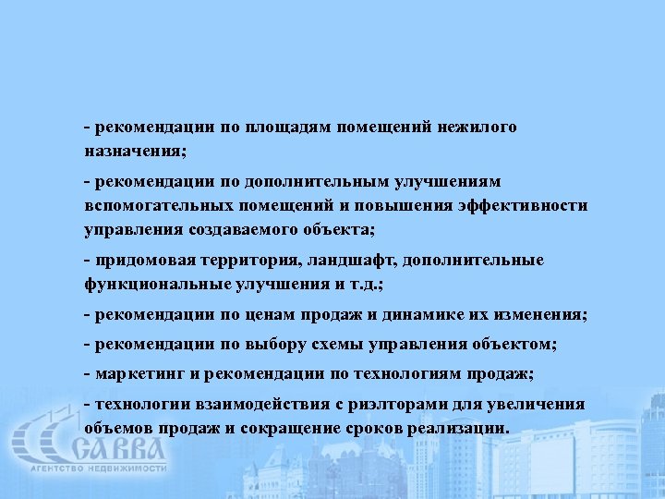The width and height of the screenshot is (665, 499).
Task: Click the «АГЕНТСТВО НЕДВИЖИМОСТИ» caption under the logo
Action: click(x=98, y=469)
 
